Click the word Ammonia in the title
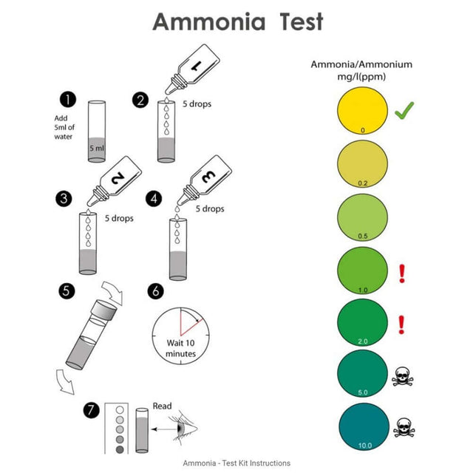[208, 22]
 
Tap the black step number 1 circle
[69, 100]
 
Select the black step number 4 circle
[154, 199]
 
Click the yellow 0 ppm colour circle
[361, 111]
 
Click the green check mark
[404, 112]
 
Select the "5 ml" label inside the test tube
[97, 148]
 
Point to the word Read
[162, 406]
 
